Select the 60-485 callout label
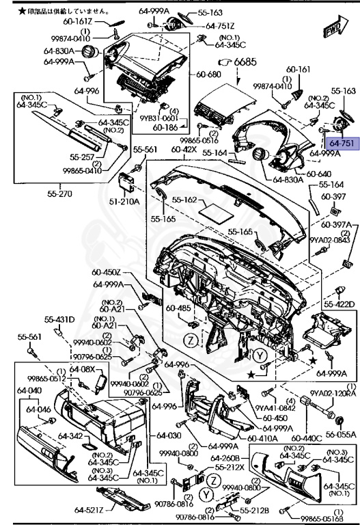point(181,308)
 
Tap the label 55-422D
point(339,304)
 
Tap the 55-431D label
point(60,320)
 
